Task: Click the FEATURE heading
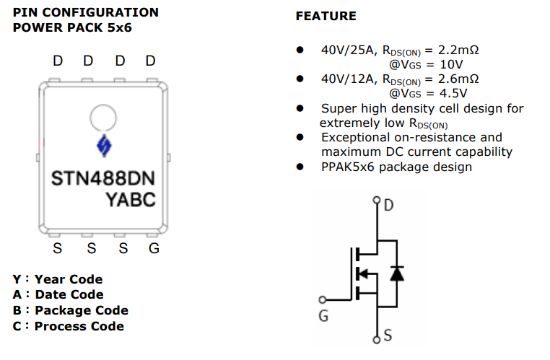pos(326,16)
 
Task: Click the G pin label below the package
pos(153,250)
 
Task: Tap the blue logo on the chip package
pos(102,146)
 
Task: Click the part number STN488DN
pos(102,177)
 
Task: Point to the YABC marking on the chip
pos(131,198)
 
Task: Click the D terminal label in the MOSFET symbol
pos(389,206)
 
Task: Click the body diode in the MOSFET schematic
pos(396,273)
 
